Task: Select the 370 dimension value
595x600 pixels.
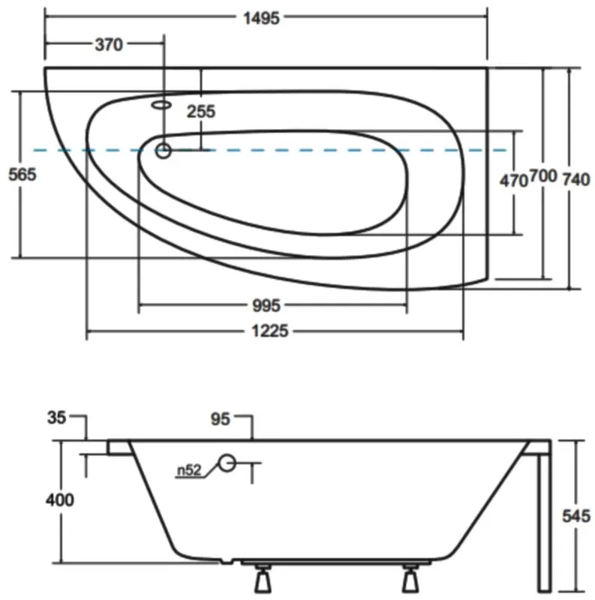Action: point(108,45)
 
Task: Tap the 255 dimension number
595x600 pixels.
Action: point(200,112)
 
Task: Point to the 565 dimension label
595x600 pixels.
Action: point(21,174)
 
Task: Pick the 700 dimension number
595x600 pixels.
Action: point(543,177)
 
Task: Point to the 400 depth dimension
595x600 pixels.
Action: point(59,499)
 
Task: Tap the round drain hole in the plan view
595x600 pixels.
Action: point(163,151)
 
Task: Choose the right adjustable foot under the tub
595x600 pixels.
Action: point(410,577)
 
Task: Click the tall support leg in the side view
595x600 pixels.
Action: point(543,517)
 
